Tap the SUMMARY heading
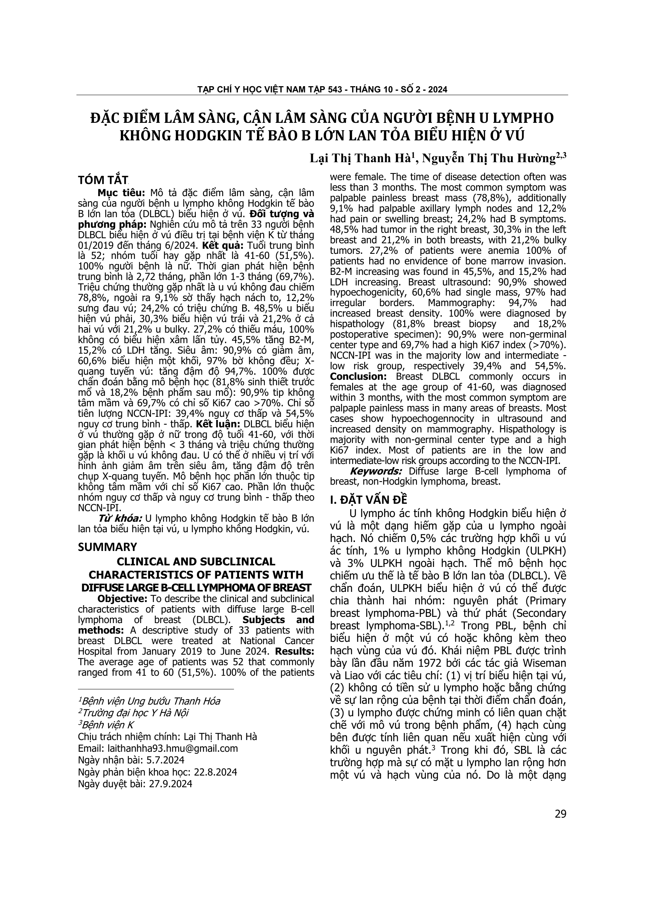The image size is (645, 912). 107,547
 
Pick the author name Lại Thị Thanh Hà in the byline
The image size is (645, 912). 362,158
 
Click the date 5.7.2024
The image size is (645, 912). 160,760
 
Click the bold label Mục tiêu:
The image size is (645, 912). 121,193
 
